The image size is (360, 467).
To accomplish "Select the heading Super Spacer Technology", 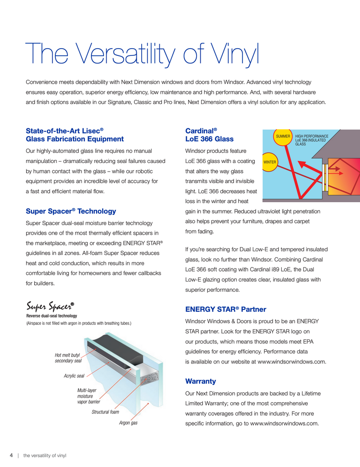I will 71,211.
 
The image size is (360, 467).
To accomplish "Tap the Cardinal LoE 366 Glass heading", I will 209,135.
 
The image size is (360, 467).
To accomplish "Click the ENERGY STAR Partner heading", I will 225,309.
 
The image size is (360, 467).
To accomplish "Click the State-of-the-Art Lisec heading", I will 75,135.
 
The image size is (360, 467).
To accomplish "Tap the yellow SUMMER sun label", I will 283,136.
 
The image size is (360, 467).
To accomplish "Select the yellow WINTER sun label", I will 270,161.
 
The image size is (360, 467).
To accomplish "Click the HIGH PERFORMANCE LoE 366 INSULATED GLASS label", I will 311,140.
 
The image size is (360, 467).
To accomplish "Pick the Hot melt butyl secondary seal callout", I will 68,358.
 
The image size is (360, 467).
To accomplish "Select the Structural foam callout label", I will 105,412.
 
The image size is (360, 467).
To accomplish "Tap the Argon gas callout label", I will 128,423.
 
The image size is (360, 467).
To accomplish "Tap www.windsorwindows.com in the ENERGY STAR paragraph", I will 291,361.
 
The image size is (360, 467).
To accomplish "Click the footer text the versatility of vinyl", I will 45,455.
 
